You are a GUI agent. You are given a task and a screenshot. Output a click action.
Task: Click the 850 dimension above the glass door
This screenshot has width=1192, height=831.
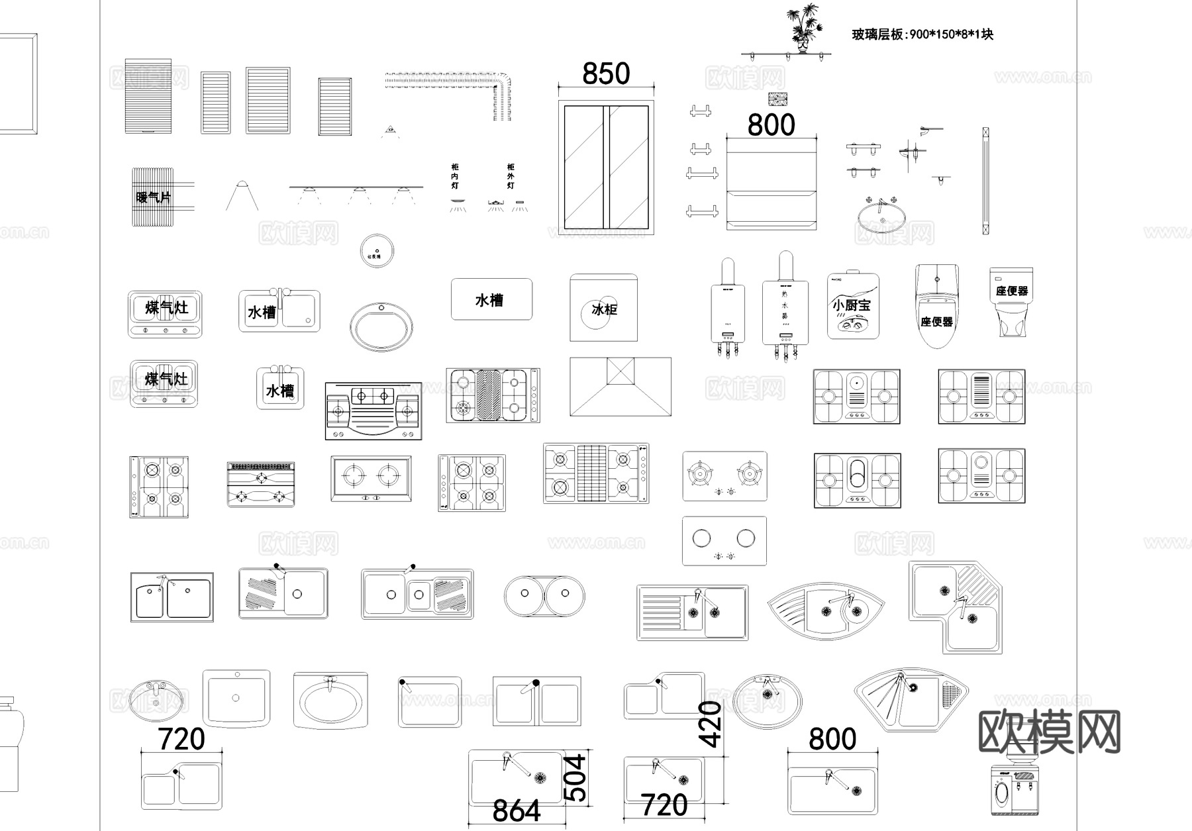click(x=606, y=73)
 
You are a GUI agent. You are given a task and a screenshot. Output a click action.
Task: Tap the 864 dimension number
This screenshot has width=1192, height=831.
click(x=517, y=810)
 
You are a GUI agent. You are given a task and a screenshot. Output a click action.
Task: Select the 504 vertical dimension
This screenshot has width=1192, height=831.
click(x=577, y=777)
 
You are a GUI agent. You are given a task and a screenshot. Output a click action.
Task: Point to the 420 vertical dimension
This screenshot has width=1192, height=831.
click(x=710, y=724)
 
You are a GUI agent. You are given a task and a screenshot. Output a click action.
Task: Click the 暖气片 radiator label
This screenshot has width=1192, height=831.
click(x=153, y=197)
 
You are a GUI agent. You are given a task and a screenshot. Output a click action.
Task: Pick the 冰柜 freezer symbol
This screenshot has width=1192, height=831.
click(x=603, y=309)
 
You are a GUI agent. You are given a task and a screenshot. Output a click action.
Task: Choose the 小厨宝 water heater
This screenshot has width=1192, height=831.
click(x=852, y=305)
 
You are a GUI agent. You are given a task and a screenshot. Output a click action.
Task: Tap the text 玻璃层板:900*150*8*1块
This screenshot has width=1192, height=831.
click(x=922, y=34)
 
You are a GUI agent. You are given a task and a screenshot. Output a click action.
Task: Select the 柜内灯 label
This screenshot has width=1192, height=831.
click(x=455, y=176)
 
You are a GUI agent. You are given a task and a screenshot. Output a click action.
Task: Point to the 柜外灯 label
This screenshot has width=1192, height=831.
click(x=511, y=176)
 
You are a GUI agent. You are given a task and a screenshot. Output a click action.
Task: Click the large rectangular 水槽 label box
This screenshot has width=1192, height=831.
click(x=491, y=299)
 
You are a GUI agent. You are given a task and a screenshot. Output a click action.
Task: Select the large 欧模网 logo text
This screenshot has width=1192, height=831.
click(x=1049, y=732)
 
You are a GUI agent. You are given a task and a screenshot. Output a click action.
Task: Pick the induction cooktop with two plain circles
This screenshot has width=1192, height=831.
click(x=724, y=540)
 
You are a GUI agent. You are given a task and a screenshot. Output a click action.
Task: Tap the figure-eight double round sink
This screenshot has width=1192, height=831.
click(x=544, y=596)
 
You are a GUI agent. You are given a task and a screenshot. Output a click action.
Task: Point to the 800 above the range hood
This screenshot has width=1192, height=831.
click(x=771, y=125)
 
